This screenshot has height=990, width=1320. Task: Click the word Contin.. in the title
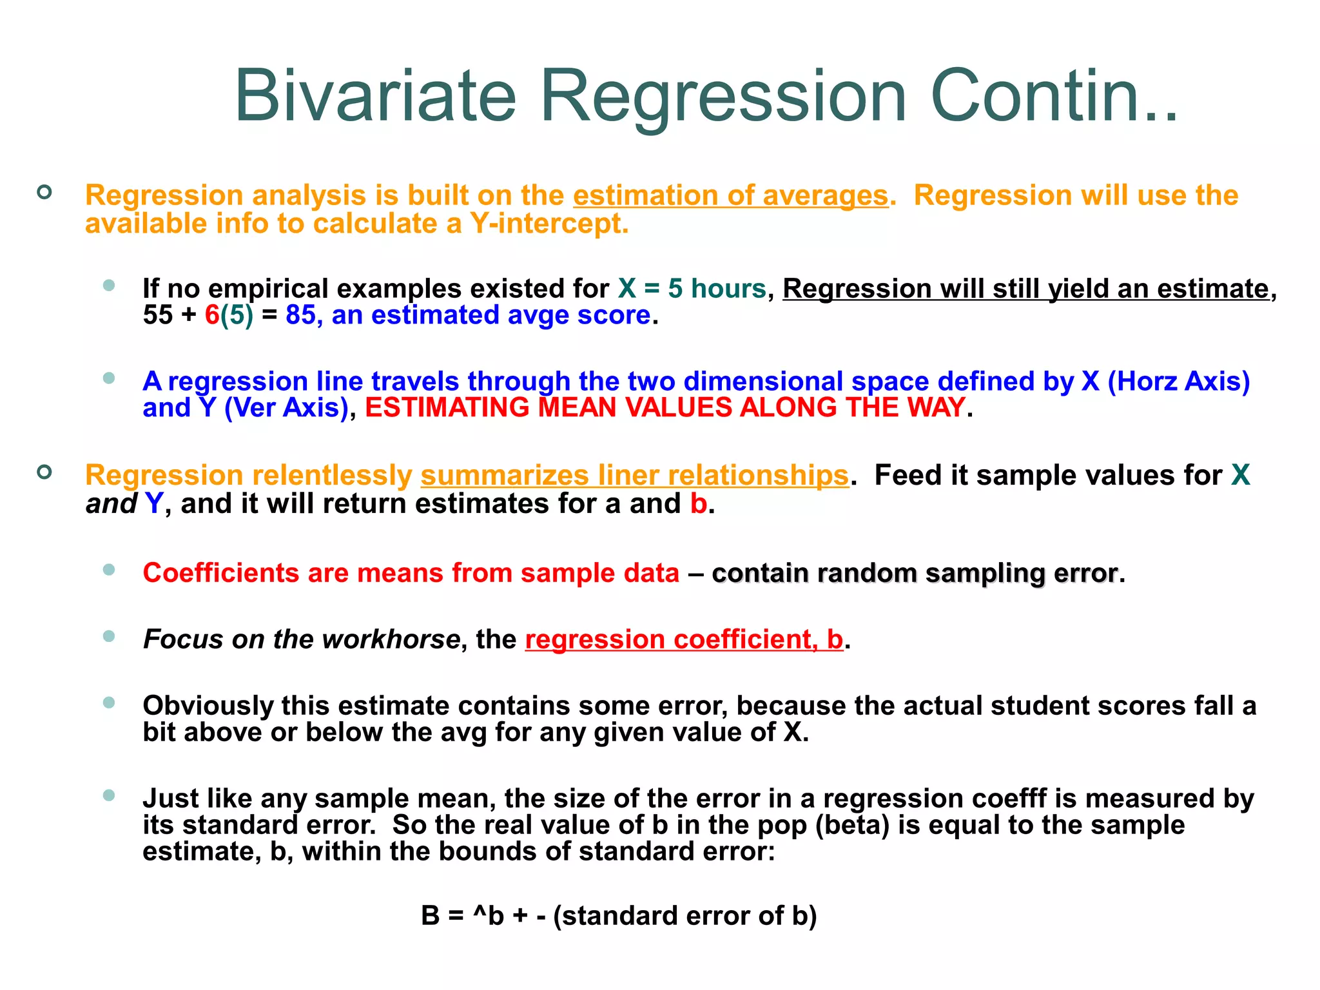1054,97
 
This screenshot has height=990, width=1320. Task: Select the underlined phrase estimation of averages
730,195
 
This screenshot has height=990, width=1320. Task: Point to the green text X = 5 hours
692,288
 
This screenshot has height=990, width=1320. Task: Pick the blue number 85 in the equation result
300,315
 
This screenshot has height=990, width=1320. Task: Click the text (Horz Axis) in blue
1178,381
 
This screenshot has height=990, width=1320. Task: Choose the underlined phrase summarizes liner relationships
634,475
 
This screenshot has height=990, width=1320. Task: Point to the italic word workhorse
391,639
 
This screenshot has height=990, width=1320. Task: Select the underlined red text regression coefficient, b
684,639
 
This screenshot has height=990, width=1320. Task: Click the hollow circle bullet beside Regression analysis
44,192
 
